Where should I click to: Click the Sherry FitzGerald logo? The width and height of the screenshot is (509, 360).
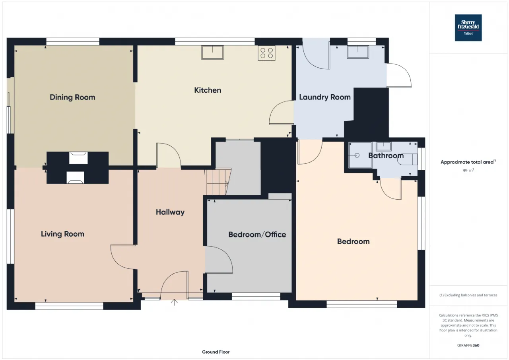tap(468, 28)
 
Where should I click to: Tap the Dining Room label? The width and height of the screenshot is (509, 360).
tap(72, 97)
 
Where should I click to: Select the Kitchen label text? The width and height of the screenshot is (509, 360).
tap(208, 90)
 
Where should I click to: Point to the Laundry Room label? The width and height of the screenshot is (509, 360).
tap(325, 97)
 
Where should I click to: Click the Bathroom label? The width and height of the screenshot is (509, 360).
tap(386, 156)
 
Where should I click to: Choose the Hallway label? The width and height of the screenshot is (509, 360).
tap(170, 212)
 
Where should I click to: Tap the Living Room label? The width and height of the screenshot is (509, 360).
tap(62, 234)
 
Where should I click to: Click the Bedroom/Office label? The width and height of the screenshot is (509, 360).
tap(257, 235)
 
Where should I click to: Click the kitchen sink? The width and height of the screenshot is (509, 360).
tap(212, 53)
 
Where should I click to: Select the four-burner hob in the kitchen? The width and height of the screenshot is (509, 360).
tap(266, 53)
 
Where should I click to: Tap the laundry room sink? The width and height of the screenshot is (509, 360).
tap(358, 52)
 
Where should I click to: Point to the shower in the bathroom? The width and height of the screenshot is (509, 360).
tap(360, 155)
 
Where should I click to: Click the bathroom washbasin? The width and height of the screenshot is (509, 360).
tap(384, 147)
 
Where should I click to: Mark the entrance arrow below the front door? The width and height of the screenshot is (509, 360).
tap(174, 302)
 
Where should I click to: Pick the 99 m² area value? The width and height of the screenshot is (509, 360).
tap(468, 171)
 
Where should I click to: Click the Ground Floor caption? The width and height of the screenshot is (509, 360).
tap(216, 352)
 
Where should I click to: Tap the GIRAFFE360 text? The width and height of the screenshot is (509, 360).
tap(468, 345)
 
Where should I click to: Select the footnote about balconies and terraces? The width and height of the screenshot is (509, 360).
tap(468, 295)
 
